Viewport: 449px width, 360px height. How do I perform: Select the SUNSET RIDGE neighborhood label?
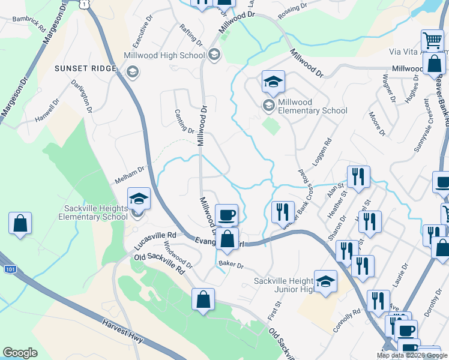85,68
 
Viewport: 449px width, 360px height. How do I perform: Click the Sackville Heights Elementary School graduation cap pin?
139,199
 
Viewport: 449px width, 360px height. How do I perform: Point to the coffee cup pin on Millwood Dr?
227,214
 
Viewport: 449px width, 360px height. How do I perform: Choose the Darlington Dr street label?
82,96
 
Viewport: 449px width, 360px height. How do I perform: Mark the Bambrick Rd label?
29,24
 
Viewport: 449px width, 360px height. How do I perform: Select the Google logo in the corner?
20,353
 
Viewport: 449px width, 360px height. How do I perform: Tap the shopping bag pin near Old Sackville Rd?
203,299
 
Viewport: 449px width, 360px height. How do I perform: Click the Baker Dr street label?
231,264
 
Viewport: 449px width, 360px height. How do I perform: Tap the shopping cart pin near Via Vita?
432,40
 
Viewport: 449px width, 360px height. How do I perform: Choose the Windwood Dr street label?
178,254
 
